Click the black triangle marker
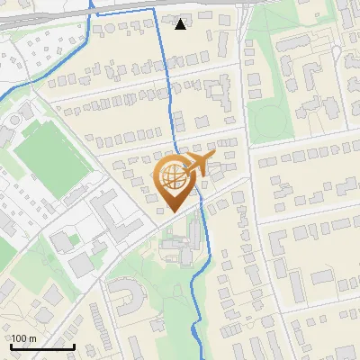181,23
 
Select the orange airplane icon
198,165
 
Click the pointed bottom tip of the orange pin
173,211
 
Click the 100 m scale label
23,338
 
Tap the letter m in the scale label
31,338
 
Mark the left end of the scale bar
11,346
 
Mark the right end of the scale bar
74,346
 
